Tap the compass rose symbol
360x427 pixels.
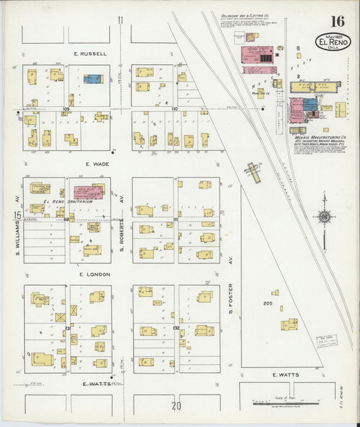click(x=324, y=217)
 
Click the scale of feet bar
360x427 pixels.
click(x=284, y=404)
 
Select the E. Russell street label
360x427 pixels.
click(x=91, y=53)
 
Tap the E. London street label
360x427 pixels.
click(x=94, y=274)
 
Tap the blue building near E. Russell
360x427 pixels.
click(x=93, y=79)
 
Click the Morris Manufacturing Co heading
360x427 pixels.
click(x=314, y=135)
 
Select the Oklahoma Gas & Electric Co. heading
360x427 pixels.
click(x=243, y=16)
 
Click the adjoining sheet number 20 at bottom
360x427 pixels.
click(x=176, y=406)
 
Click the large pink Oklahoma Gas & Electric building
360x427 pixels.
click(x=257, y=57)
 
